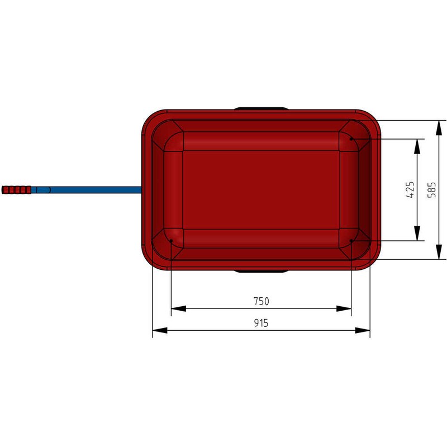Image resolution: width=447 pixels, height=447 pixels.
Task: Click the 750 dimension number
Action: coord(261,301)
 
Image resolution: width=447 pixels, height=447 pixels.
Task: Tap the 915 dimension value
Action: coord(261,323)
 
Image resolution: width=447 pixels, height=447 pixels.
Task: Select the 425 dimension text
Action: coord(410,189)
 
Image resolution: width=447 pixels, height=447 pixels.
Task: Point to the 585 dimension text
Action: coord(431,190)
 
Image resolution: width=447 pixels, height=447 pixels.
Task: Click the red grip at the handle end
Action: coord(16,189)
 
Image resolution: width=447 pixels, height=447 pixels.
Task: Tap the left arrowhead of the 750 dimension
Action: coord(178,308)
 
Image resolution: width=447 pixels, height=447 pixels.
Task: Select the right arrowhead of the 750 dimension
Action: coord(344,308)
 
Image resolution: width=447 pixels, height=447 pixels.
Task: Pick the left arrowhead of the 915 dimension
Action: coord(160,330)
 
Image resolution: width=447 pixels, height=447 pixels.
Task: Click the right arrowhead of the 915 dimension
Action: coord(363,330)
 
